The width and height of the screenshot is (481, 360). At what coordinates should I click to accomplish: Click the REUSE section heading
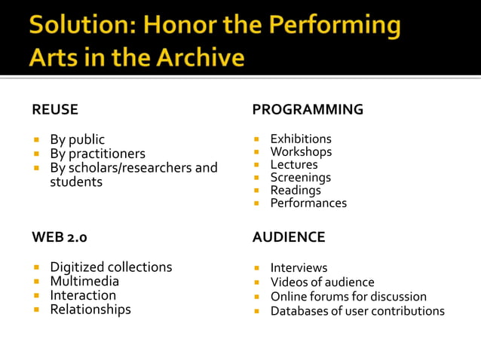(x=55, y=110)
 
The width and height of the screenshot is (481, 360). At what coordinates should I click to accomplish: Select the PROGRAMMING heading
(x=307, y=110)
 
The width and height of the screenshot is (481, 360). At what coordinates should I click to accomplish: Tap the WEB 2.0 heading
(x=60, y=237)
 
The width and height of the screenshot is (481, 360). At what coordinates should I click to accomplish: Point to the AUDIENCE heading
(x=288, y=237)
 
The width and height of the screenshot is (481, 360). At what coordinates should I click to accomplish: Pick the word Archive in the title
(x=203, y=57)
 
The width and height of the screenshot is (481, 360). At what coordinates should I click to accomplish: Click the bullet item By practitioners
(x=97, y=154)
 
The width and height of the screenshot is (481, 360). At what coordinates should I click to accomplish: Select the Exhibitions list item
(x=301, y=139)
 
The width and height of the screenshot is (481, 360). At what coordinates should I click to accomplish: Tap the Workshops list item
(x=301, y=152)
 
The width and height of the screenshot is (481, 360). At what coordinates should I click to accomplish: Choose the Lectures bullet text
(x=294, y=165)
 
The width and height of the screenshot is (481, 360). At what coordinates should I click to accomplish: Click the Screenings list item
(x=300, y=178)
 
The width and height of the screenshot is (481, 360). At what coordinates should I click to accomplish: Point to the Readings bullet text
(x=296, y=191)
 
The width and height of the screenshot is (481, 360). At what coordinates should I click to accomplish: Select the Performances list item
(x=308, y=203)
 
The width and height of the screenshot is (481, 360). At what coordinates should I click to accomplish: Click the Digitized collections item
(x=111, y=267)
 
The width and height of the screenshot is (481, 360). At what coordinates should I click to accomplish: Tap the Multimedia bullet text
(x=84, y=282)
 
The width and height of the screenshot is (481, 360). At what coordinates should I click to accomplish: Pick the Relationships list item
(x=90, y=310)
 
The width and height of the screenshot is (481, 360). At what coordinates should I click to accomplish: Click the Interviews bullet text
(x=299, y=268)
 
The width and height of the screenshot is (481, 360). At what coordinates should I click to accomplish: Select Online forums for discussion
(x=348, y=297)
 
